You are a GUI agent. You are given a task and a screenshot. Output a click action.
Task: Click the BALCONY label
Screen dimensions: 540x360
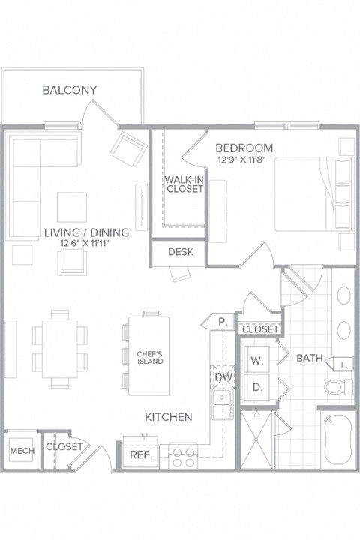(x=69, y=90)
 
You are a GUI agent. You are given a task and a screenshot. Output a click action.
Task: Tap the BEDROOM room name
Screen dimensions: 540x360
(x=244, y=148)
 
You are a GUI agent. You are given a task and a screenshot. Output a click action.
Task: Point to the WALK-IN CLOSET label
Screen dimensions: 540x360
(x=184, y=184)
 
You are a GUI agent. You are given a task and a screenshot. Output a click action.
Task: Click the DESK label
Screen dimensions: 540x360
(x=181, y=252)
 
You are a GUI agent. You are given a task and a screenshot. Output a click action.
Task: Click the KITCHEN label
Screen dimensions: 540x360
(x=169, y=416)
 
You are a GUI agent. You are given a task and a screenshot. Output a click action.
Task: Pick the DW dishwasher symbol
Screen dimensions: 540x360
(x=223, y=376)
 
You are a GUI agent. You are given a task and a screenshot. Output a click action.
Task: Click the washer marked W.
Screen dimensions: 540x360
(x=257, y=360)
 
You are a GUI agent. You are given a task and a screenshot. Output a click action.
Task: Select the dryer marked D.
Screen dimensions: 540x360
(x=257, y=388)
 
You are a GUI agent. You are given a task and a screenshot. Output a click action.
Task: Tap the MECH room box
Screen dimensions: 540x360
(x=19, y=451)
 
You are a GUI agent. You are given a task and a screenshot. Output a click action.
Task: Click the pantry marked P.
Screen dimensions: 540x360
(x=223, y=321)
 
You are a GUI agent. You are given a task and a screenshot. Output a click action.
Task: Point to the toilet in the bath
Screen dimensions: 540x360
(x=335, y=387)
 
